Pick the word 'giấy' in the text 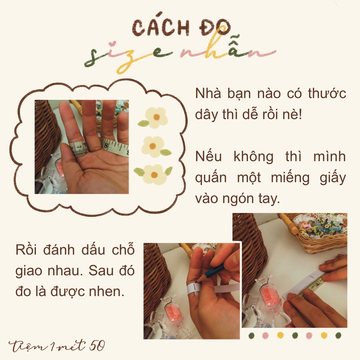(330, 178)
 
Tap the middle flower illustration (153, 146)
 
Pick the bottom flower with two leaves (154, 174)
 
